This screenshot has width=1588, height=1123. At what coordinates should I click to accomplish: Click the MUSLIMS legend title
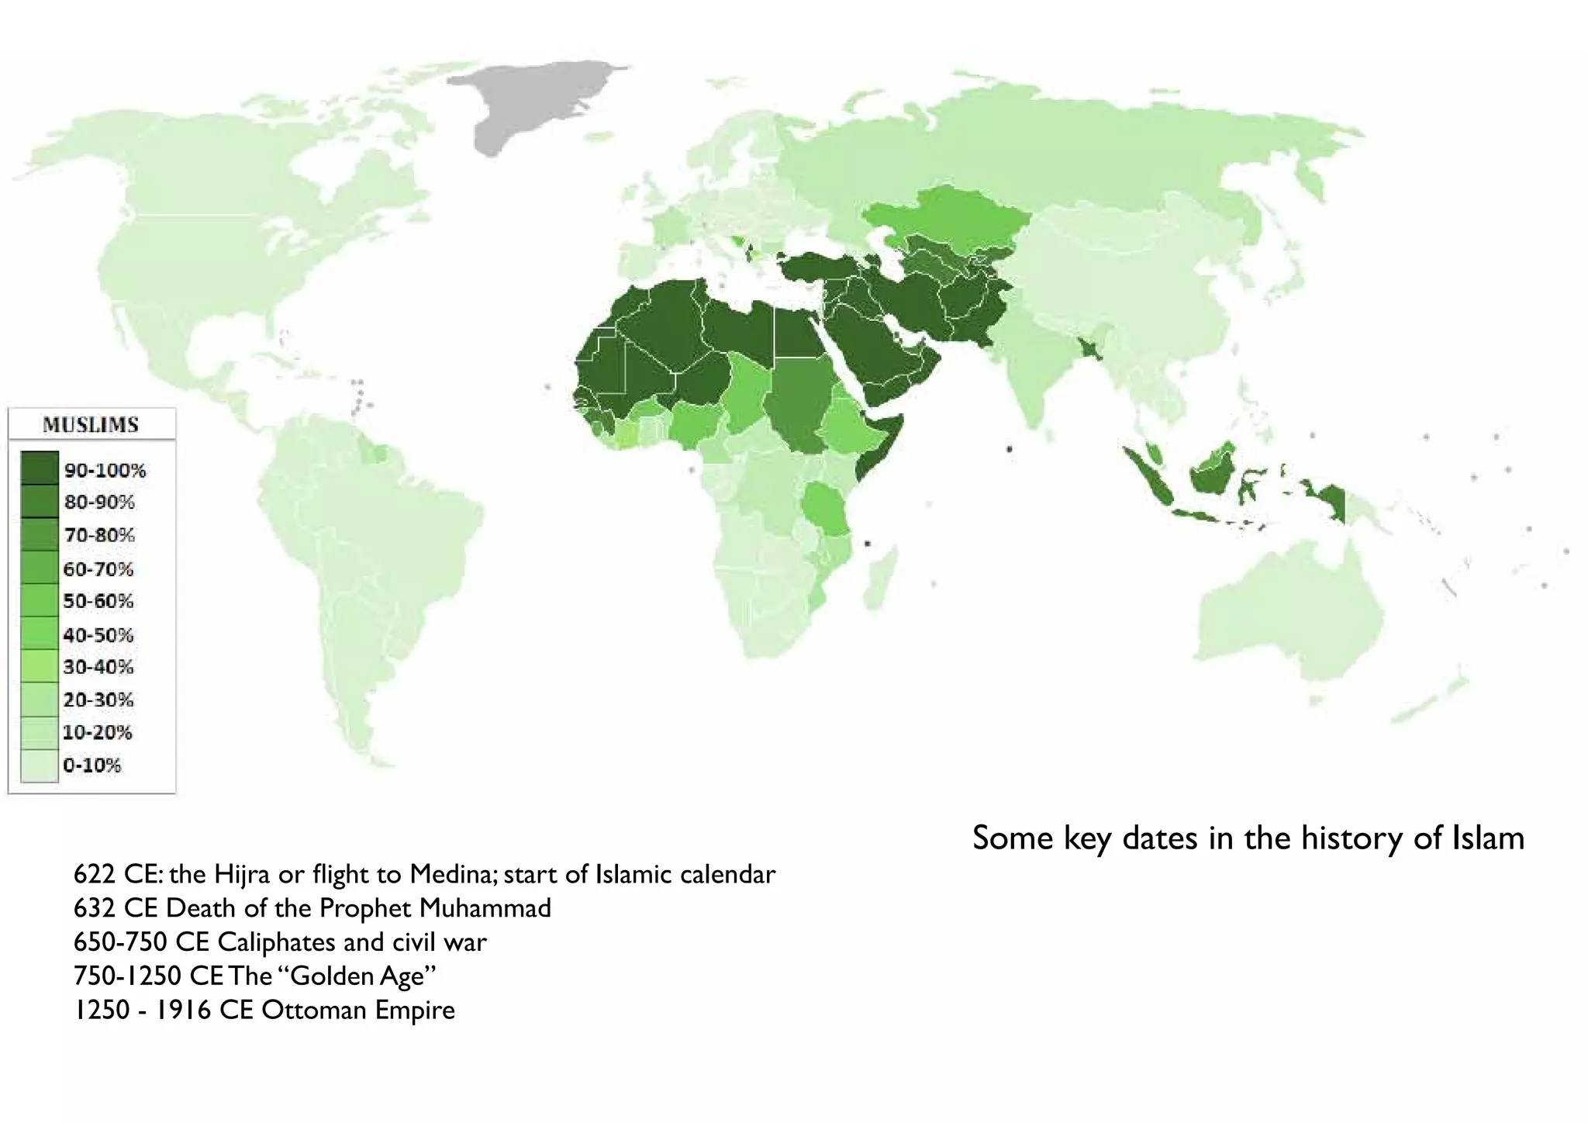tap(91, 425)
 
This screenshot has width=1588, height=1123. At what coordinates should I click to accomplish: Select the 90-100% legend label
tap(105, 470)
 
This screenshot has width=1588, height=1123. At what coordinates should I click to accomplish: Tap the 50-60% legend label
tap(98, 601)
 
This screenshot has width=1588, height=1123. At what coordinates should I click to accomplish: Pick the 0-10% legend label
tap(92, 765)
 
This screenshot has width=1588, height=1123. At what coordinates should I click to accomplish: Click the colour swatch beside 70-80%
tap(39, 535)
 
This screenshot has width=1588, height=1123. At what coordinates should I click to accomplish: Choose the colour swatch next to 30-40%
tap(39, 667)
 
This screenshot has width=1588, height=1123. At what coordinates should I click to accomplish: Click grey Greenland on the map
tap(535, 101)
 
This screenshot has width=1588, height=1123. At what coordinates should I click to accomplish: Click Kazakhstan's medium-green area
tap(946, 217)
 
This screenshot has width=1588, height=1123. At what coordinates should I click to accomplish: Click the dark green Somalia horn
tap(876, 442)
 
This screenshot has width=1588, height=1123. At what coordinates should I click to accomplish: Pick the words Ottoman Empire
tap(358, 1010)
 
